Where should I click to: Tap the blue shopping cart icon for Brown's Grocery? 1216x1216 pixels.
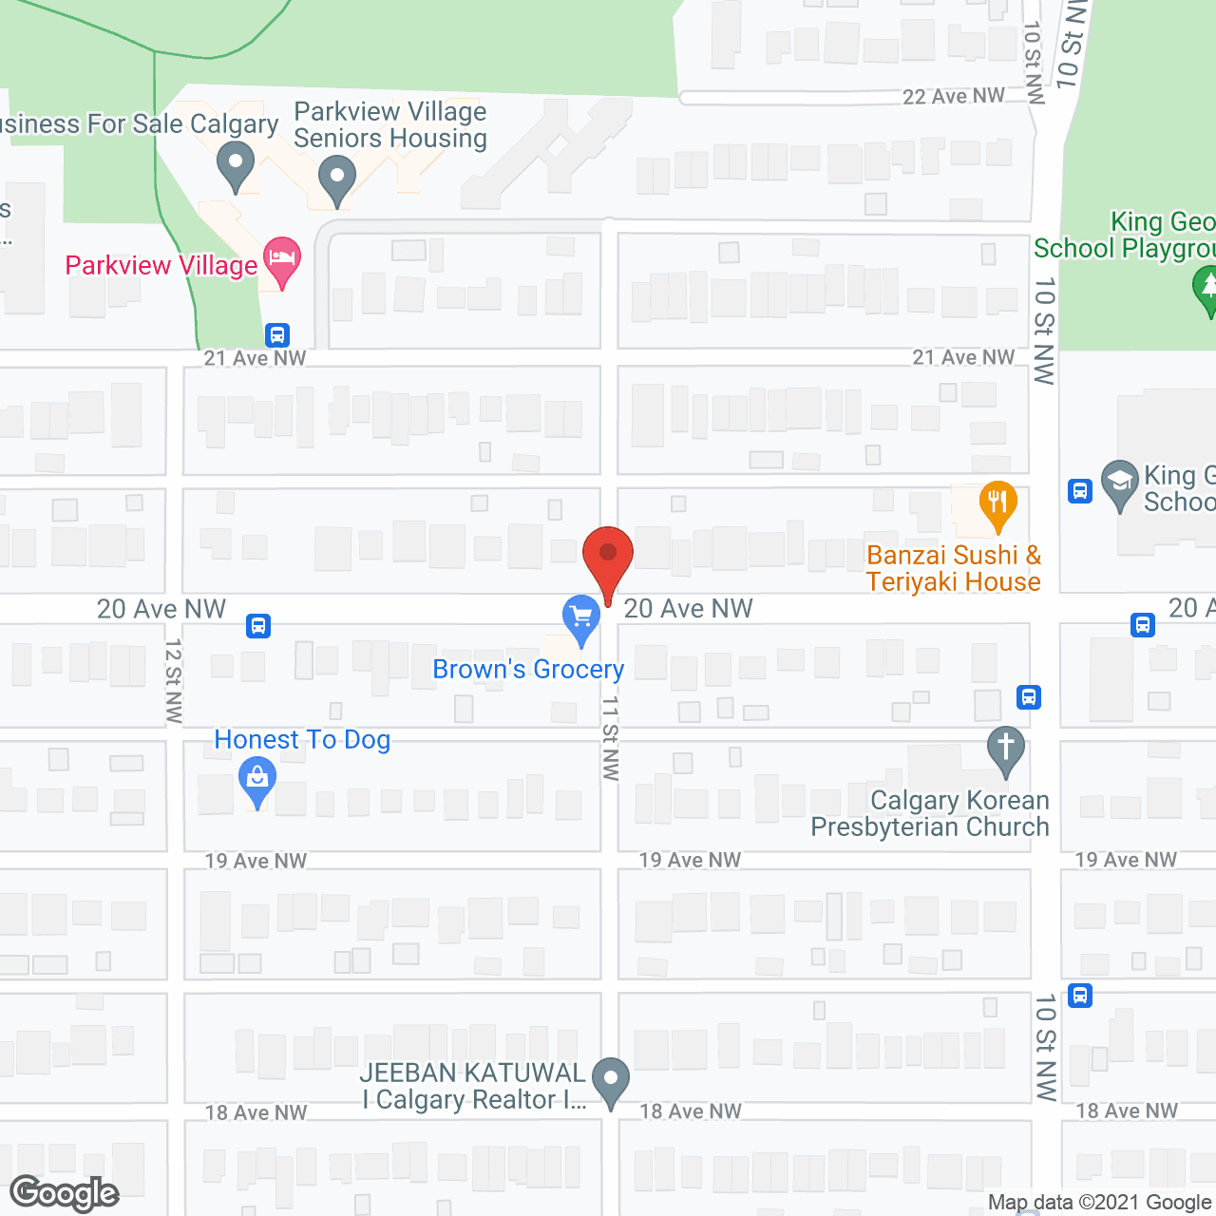(580, 617)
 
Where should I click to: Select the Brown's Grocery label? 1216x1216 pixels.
(528, 670)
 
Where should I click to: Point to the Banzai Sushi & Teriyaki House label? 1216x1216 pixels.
(954, 568)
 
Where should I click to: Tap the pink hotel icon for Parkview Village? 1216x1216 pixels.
(282, 259)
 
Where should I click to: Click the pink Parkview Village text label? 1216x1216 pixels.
(161, 266)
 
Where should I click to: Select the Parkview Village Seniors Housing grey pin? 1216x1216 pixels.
(336, 178)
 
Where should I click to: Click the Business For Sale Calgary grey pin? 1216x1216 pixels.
(235, 163)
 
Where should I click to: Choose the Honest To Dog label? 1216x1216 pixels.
(302, 740)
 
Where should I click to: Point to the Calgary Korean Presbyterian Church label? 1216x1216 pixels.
(930, 814)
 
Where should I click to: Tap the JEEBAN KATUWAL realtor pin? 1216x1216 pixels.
(610, 1080)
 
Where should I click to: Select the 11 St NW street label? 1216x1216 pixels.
(611, 738)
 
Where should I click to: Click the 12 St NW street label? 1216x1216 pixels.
(173, 680)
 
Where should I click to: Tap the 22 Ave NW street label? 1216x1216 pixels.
(953, 97)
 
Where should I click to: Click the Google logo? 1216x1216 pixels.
(65, 1193)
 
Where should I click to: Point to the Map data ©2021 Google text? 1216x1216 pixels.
(1100, 1203)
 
